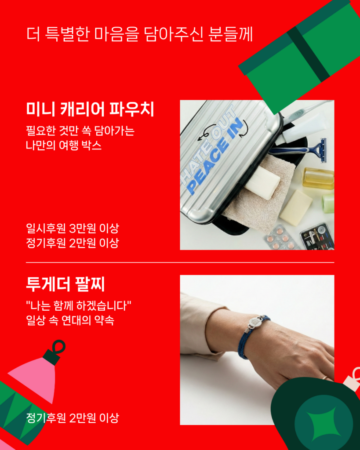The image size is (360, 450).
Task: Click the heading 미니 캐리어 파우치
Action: coord(90,109)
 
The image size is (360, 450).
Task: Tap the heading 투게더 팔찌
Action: coord(65,284)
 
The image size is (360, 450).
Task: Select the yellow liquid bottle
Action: coord(319,178)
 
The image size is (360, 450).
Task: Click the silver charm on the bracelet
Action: coord(255,323)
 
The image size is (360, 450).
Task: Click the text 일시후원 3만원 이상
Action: coord(73,229)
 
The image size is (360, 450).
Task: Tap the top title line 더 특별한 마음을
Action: coord(83,34)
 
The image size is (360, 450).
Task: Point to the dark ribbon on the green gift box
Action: coord(308,54)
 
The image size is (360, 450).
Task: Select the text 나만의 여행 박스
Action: coord(64,145)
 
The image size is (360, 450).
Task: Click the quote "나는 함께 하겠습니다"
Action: coord(78,306)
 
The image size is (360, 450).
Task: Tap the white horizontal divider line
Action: coord(180,263)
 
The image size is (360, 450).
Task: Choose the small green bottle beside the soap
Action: coord(328,203)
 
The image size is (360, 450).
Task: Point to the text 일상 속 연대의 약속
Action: coord(70,320)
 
